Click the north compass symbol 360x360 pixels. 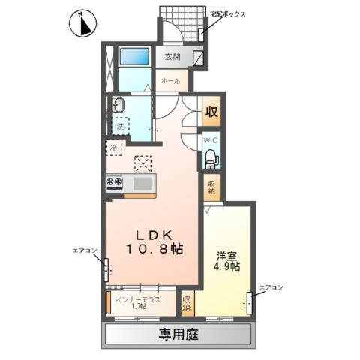[82, 24]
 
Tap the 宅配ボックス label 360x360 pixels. [227, 14]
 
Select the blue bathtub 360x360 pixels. [134, 56]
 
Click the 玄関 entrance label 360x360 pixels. [172, 57]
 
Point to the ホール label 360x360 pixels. [171, 81]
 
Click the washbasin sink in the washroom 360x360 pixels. [118, 104]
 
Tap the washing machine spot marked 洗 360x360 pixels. [121, 126]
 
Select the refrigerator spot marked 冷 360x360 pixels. [114, 148]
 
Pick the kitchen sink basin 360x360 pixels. [142, 184]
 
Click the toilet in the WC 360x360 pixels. [211, 158]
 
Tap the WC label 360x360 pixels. [211, 140]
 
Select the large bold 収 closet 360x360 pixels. [211, 111]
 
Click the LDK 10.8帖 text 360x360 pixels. [154, 241]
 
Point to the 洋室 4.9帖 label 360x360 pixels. [226, 261]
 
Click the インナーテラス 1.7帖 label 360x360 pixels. [138, 302]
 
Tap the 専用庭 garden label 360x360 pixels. [178, 334]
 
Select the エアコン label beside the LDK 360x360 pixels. [85, 250]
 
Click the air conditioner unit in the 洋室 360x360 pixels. [249, 303]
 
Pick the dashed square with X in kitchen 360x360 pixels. [143, 164]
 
